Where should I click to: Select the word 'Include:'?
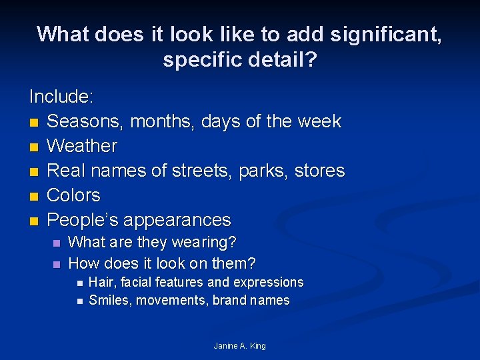click(61, 97)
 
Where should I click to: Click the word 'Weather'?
click(82, 146)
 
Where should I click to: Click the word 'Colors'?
click(74, 195)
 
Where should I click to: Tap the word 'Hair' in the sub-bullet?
click(101, 282)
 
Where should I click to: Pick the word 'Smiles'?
click(110, 300)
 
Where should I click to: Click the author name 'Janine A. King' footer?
click(239, 345)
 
